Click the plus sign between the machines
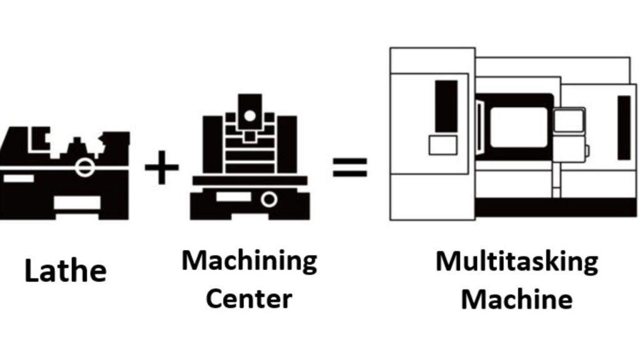click(162, 167)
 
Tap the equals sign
click(349, 167)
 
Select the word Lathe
click(66, 271)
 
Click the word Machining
click(249, 260)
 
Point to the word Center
click(249, 298)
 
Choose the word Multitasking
click(516, 261)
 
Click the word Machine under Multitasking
click(516, 299)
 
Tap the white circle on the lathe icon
click(84, 167)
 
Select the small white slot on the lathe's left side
click(18, 178)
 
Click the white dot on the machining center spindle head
click(250, 116)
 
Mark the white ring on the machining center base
click(269, 199)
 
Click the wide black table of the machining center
click(250, 181)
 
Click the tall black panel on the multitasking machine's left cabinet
click(446, 106)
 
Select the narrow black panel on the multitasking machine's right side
click(624, 127)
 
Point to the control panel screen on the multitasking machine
click(569, 120)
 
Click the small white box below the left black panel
click(442, 145)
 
